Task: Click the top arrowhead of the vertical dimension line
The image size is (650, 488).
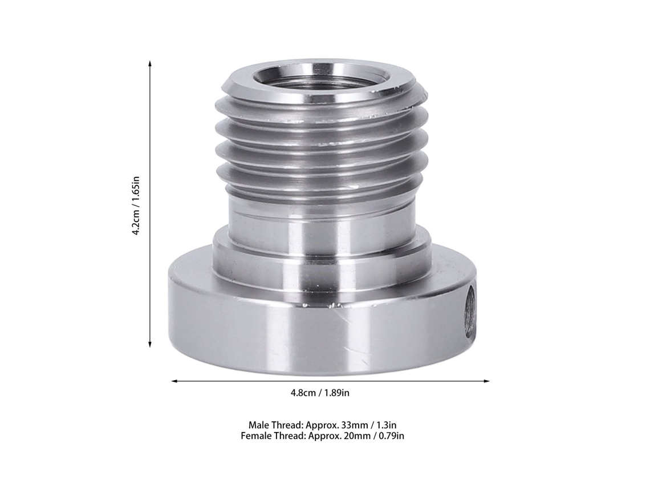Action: click(150, 63)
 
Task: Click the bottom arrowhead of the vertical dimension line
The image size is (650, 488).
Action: click(150, 344)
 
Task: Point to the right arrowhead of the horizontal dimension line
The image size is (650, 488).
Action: click(486, 381)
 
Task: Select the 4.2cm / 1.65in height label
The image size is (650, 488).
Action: click(136, 206)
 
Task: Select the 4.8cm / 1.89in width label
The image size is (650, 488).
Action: click(320, 393)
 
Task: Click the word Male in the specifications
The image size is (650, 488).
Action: click(259, 425)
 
